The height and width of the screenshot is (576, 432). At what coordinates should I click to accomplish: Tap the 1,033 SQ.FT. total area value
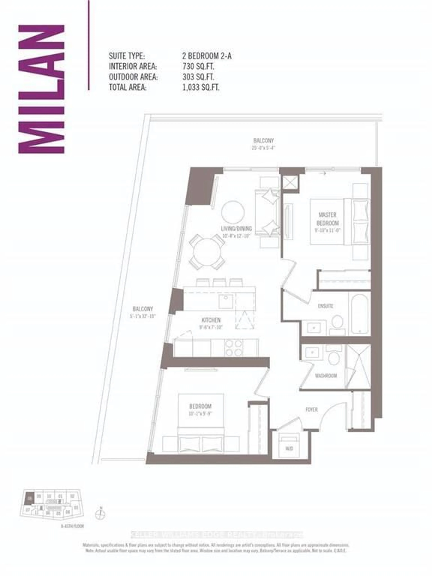click(x=201, y=87)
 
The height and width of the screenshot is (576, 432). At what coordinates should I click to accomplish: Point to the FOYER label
click(x=311, y=409)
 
